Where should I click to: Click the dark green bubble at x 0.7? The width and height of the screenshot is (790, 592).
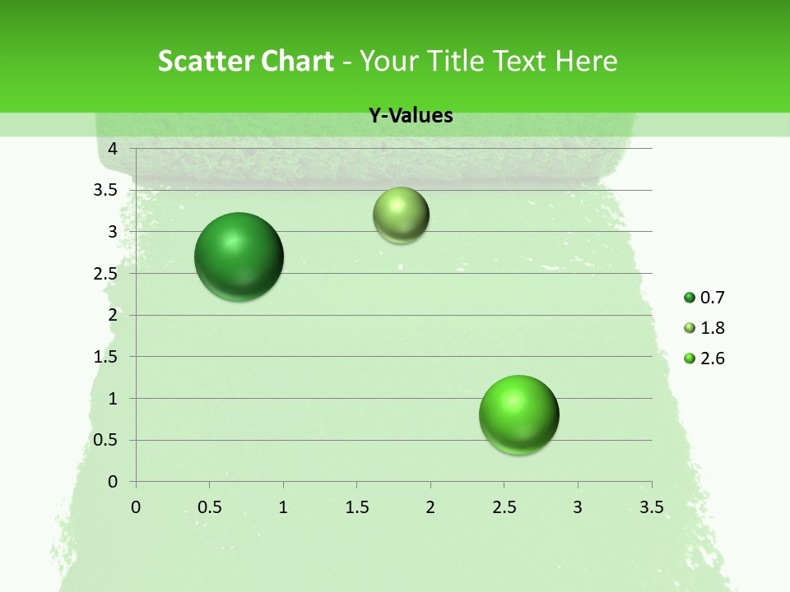[x=239, y=257]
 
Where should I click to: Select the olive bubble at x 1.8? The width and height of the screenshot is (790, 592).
[x=401, y=215]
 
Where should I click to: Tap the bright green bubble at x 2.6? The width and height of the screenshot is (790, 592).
[x=519, y=415]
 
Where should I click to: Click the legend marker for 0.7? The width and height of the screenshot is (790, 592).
[x=690, y=298]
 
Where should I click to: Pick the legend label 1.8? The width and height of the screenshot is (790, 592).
[x=712, y=328]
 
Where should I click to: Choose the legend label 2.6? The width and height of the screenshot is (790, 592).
[x=712, y=358]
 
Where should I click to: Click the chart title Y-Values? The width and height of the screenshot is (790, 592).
[x=411, y=116]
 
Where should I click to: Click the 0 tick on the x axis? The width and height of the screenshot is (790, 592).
[x=136, y=507]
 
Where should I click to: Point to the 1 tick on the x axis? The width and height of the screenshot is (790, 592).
[x=283, y=507]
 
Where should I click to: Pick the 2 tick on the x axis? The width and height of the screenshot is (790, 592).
[x=430, y=507]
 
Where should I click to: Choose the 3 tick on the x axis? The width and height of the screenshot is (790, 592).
[x=578, y=507]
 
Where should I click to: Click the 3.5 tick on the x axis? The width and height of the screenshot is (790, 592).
[x=651, y=507]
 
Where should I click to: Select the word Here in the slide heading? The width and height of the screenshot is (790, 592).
[x=586, y=61]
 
